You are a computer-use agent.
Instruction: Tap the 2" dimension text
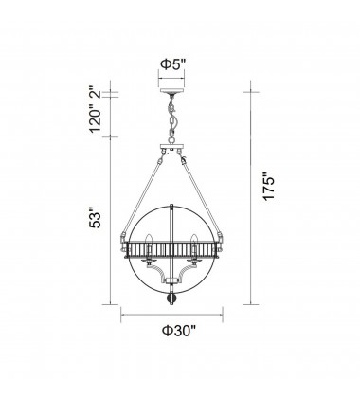(97, 97)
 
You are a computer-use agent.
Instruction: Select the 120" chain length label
(97, 120)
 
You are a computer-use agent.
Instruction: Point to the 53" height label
(97, 220)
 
